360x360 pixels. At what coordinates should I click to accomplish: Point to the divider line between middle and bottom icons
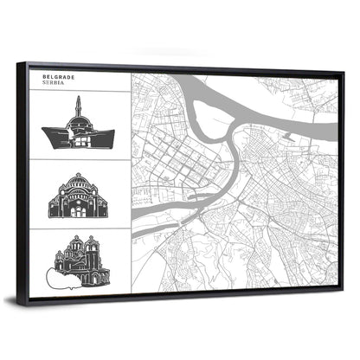point(78,228)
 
